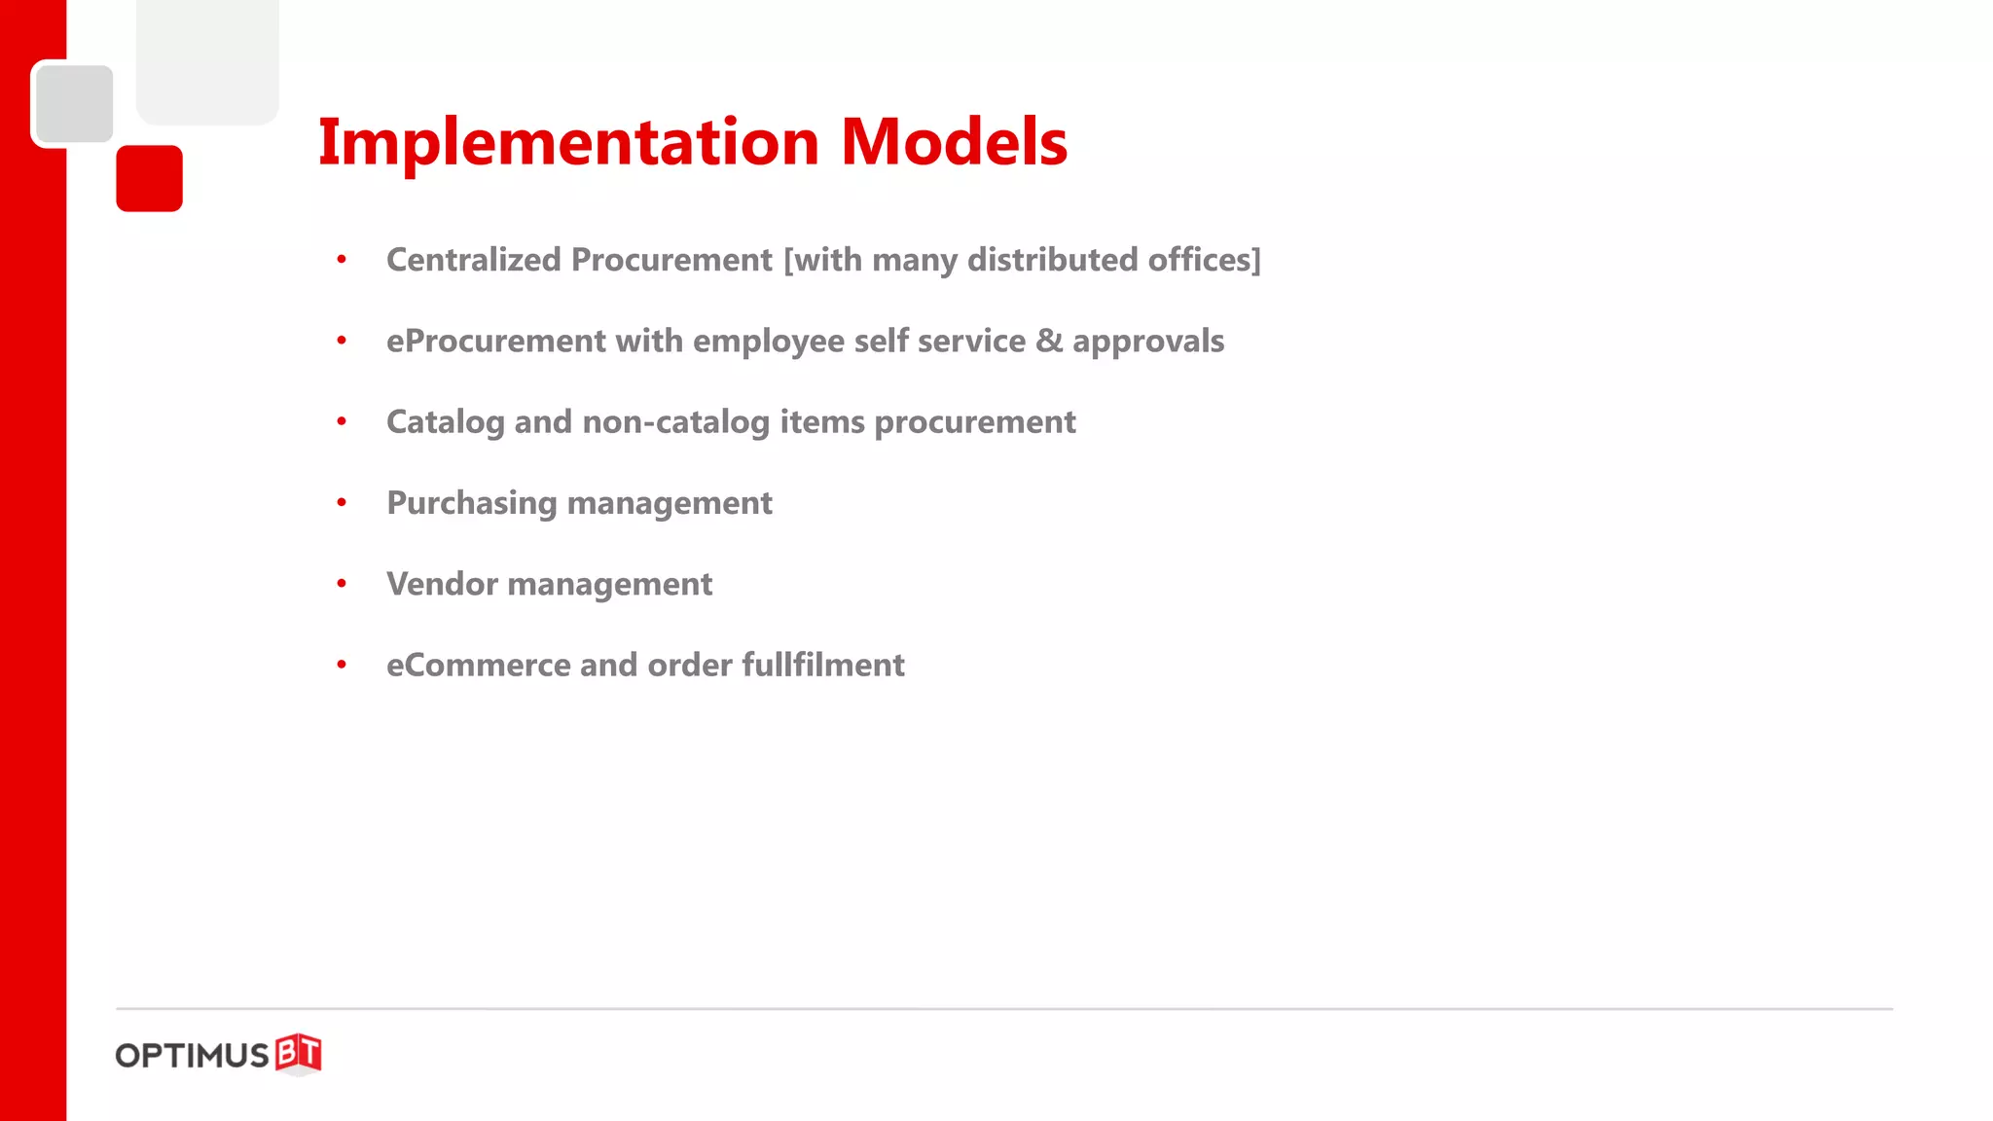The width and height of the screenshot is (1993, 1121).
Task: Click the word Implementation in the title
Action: coord(569,143)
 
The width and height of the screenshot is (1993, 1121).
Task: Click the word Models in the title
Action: coord(954,143)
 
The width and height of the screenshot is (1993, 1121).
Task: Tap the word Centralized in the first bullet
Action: coord(474,260)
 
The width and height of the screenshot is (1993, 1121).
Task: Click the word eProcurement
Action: coord(496,342)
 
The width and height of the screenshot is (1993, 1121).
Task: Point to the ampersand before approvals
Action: coord(1049,341)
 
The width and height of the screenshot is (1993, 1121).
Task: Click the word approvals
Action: coord(1148,342)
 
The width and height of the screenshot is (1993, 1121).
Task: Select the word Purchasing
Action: coord(471,504)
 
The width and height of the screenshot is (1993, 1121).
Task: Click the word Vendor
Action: coord(442,584)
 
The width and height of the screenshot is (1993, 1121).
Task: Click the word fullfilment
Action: coord(823,666)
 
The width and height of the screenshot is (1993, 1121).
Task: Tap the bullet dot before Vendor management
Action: coord(342,584)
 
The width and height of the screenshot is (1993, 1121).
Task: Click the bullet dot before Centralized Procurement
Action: coord(342,260)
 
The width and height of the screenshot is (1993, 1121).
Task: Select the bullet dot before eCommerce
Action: coord(342,666)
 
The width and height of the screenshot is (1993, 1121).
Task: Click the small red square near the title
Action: coord(149,178)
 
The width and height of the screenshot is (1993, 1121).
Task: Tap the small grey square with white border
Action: coord(73,103)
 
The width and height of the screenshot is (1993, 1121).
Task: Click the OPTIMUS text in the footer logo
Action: coord(192,1056)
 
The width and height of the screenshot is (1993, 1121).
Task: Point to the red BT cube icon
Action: coord(298,1054)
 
